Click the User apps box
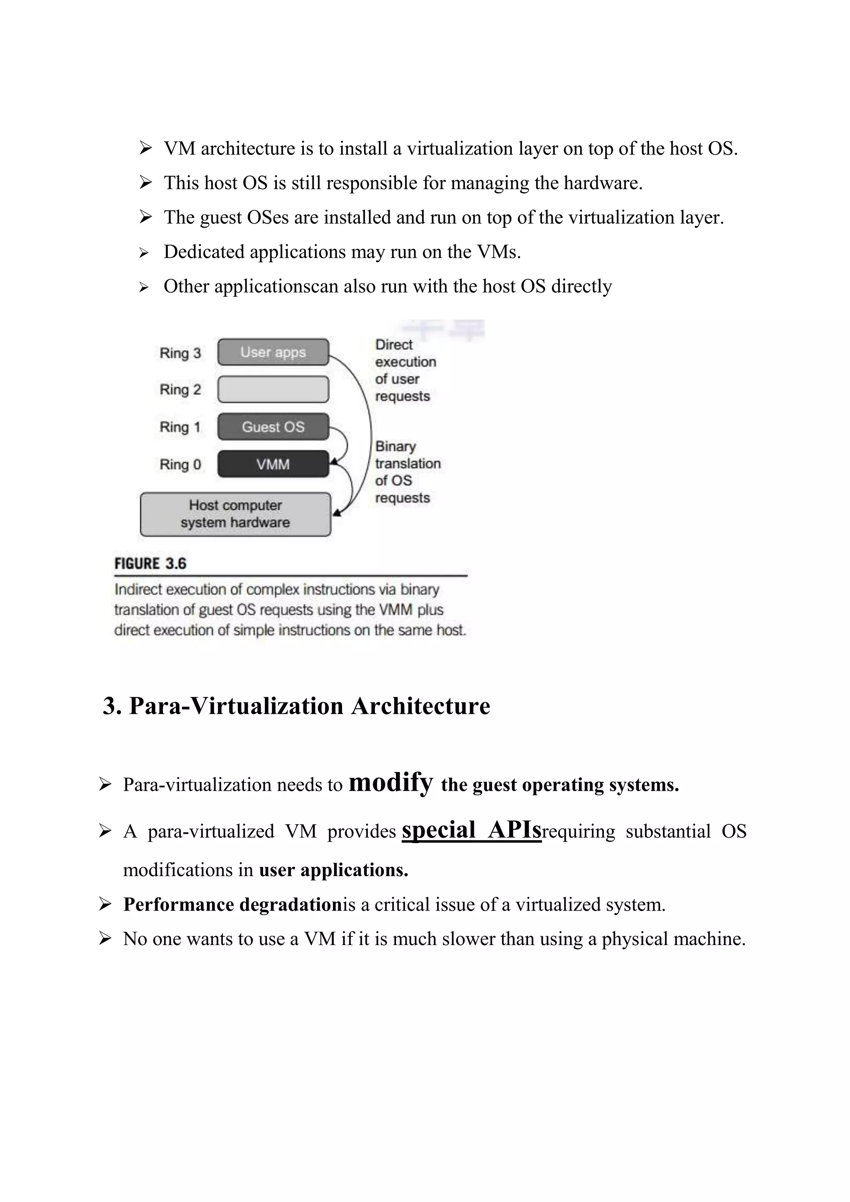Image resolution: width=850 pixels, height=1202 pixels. point(273,352)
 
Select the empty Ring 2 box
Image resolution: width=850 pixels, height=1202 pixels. point(273,389)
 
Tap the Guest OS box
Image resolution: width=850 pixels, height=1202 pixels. point(273,427)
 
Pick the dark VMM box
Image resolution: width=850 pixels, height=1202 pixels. point(273,464)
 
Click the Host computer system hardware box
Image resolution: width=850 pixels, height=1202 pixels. point(235,514)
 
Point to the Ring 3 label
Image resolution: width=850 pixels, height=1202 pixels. point(180,353)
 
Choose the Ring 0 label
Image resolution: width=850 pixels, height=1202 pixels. point(180,464)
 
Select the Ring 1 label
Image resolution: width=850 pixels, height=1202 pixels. point(180,427)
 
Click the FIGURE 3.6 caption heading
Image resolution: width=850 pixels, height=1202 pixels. point(150,564)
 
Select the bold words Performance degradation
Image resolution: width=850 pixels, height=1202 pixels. point(232,905)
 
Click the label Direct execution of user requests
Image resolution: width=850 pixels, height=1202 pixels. point(405,370)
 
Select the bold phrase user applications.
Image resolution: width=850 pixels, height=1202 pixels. point(333,870)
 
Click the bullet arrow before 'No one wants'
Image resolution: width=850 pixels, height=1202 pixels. point(105,939)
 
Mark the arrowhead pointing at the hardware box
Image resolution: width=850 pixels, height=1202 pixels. point(337,513)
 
